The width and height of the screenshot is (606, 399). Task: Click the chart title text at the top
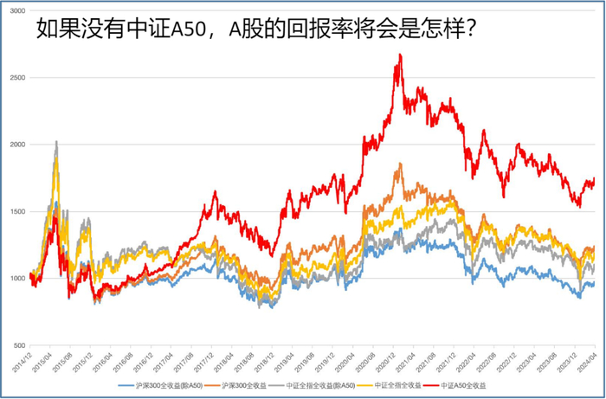point(257,32)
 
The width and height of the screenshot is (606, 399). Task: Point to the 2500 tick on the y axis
point(16,78)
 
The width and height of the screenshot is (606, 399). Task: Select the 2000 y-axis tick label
point(16,145)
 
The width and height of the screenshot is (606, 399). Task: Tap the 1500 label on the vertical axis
point(16,211)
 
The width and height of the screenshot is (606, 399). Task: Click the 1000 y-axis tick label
point(16,278)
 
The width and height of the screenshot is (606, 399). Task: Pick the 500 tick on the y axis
point(17,344)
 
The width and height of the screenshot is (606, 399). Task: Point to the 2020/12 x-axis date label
point(388,363)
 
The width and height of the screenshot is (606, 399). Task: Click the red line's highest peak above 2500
point(399,55)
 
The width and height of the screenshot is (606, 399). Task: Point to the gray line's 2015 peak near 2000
point(56,141)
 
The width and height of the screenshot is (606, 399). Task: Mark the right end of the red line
point(595,178)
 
